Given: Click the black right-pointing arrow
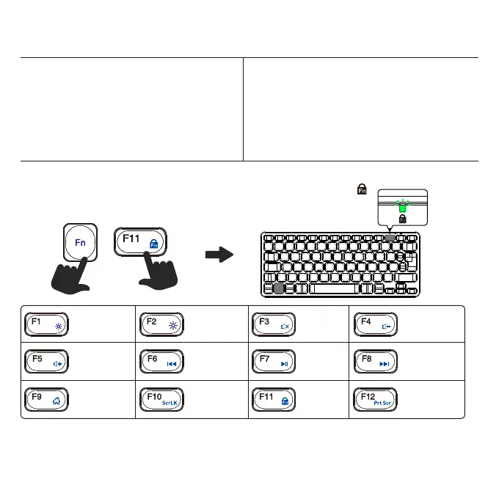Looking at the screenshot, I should [219, 255].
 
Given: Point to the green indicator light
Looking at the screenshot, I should [401, 206].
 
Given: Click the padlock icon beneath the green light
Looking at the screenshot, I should [402, 219].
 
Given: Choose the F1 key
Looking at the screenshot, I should [46, 324].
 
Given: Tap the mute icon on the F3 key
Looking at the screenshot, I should [288, 326].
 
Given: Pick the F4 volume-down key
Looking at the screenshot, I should [374, 324].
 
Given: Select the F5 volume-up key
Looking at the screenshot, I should [46, 362].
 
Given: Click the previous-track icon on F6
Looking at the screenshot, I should [172, 363].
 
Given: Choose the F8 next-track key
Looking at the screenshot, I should [374, 362].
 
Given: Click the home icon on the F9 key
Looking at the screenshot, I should [58, 401].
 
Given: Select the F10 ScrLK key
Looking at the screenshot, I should [161, 400].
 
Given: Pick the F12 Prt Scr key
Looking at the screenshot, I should [374, 400].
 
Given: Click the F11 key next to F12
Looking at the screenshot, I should [273, 400].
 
